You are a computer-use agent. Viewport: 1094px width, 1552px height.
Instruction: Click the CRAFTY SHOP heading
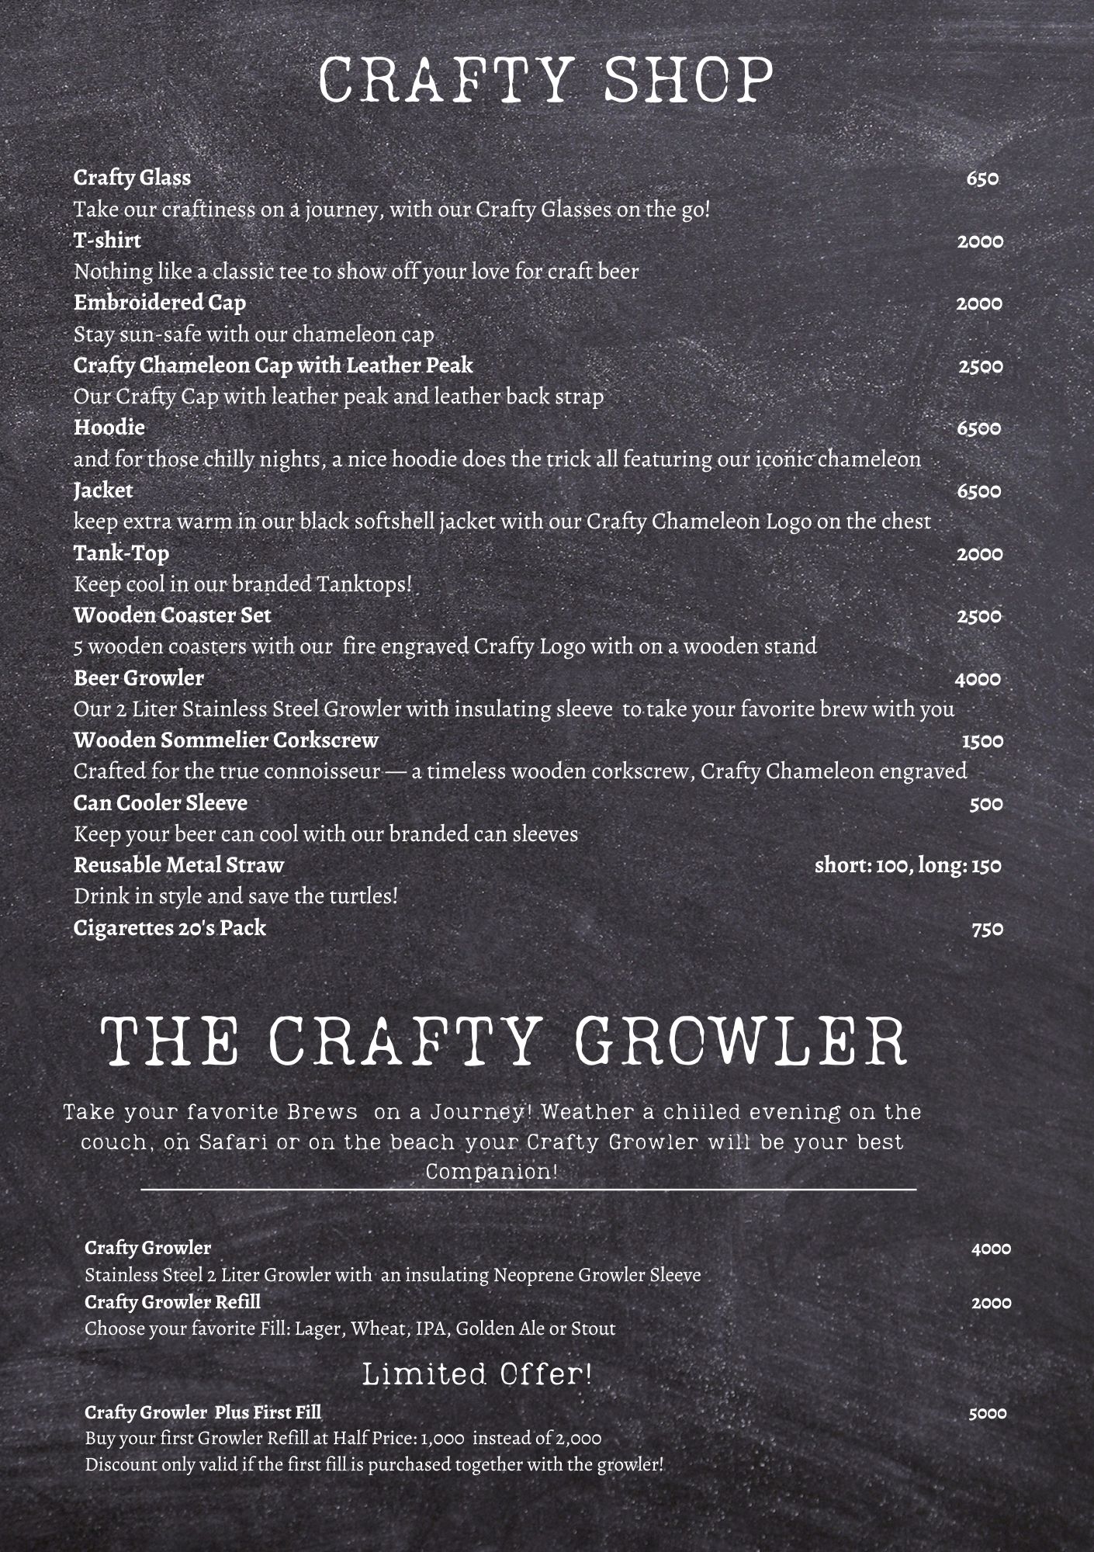[x=546, y=80]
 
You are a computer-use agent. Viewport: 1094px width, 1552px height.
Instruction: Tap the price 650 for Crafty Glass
[x=981, y=179]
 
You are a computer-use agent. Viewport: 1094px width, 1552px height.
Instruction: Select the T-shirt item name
[x=107, y=241]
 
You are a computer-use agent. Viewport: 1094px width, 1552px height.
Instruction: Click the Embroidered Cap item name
[x=159, y=303]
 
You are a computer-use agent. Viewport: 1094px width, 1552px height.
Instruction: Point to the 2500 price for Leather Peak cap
[x=980, y=366]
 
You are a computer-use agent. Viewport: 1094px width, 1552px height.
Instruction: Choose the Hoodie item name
[x=109, y=428]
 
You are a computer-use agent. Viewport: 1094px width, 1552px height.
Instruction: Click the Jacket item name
[x=103, y=490]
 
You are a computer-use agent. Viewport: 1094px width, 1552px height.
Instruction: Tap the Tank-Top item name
[x=121, y=553]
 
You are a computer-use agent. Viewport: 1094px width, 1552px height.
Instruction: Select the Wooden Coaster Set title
[x=172, y=615]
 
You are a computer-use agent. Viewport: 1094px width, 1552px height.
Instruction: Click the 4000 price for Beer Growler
[x=978, y=680]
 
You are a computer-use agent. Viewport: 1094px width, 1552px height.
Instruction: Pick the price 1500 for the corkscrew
[x=982, y=741]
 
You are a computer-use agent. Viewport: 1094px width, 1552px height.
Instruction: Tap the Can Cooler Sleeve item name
[x=160, y=803]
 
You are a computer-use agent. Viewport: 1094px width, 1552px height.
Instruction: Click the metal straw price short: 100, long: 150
[x=908, y=866]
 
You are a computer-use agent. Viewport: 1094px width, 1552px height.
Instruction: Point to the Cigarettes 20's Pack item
[x=169, y=928]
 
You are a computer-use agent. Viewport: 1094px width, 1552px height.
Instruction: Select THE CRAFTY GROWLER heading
[x=504, y=1041]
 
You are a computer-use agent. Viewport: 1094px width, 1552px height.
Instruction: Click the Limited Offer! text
[x=477, y=1375]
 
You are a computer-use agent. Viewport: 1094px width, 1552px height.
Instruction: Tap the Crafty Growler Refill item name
[x=172, y=1301]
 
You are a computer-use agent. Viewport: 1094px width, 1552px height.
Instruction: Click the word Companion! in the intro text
[x=491, y=1171]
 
